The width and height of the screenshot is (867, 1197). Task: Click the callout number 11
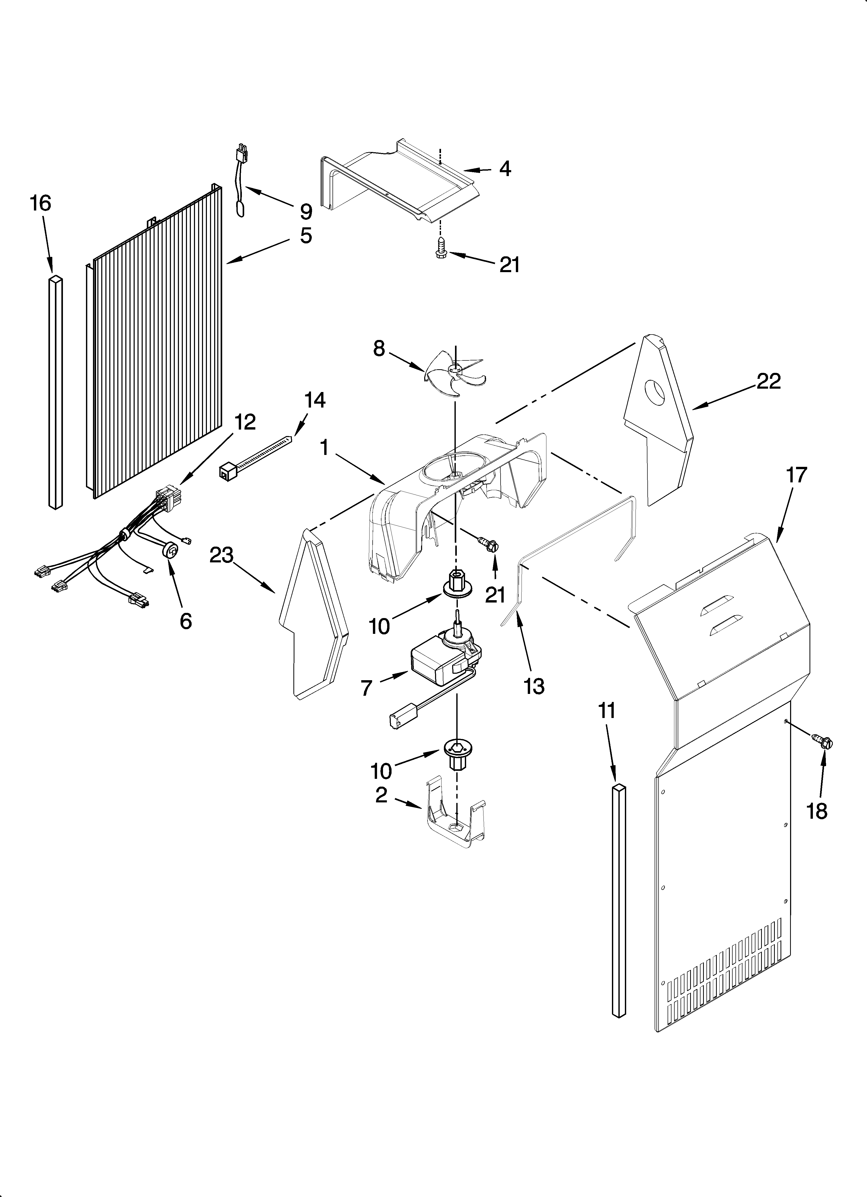tap(607, 711)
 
